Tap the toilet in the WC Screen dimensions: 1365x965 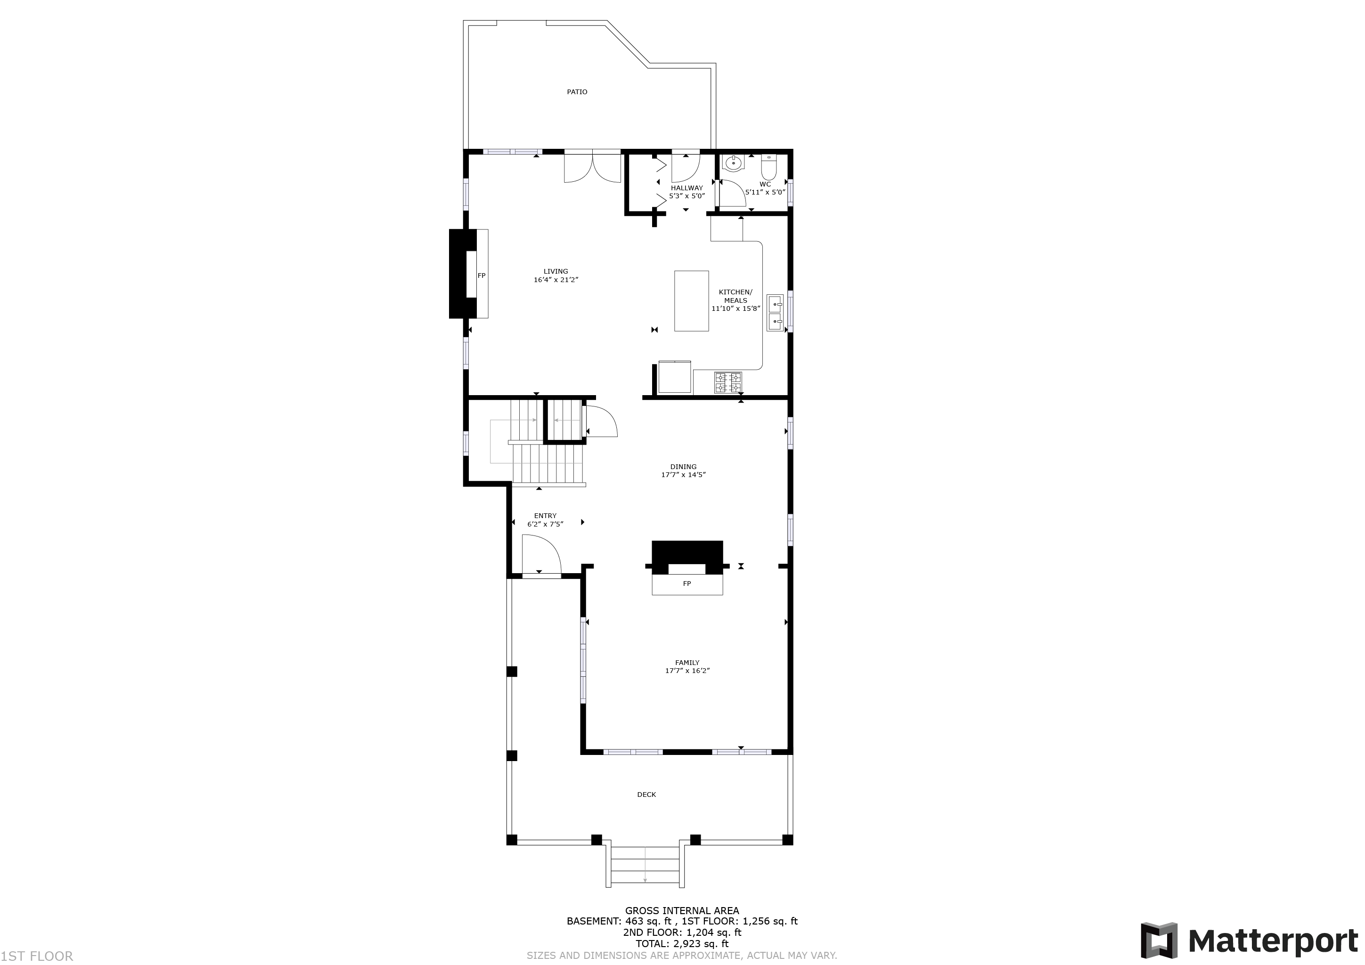pos(768,167)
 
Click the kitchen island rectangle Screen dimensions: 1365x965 pos(691,300)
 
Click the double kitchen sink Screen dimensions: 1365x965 pos(775,313)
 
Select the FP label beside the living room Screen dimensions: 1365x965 pos(482,276)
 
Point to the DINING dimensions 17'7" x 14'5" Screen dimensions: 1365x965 pos(684,475)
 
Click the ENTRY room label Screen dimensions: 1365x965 pos(545,516)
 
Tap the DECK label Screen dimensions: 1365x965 pos(647,795)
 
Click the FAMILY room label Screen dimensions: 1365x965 pos(687,663)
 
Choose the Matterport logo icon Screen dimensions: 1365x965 pos(1159,940)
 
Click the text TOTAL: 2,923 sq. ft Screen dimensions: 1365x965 pos(682,944)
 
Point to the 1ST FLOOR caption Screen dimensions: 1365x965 pos(37,956)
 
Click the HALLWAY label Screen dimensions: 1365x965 pos(687,188)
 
